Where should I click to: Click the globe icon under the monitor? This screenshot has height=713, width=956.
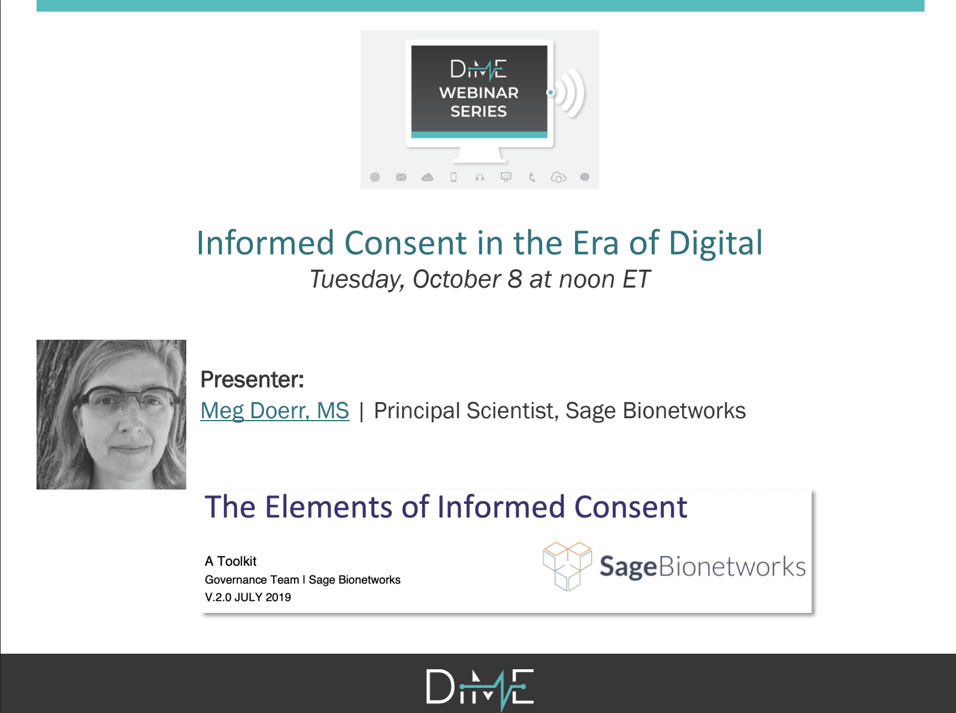(375, 177)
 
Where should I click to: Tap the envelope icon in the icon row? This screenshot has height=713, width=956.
(401, 177)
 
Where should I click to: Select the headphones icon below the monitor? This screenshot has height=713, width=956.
(480, 177)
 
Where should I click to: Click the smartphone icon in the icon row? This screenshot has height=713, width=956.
(453, 177)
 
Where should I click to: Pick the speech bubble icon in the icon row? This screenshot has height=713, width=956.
(585, 177)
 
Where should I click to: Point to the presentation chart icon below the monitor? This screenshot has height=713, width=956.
(506, 177)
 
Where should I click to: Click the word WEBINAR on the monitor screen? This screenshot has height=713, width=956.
(479, 93)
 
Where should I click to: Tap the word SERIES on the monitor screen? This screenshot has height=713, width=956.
(479, 111)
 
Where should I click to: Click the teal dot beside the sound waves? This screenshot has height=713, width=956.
(550, 92)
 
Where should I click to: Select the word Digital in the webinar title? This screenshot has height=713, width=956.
(716, 243)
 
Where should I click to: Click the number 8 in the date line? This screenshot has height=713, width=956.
(515, 279)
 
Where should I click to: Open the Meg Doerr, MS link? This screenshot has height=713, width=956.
(275, 411)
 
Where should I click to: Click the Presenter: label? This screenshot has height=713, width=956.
(252, 379)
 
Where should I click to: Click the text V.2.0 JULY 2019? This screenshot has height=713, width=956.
(248, 597)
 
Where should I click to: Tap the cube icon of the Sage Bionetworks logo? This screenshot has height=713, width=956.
(567, 566)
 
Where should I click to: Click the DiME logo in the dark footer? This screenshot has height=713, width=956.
(480, 688)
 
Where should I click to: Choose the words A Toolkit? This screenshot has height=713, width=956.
(231, 561)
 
